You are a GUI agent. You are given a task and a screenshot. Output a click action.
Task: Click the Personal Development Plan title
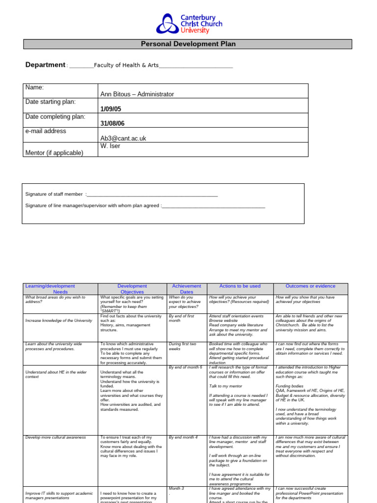click(x=188, y=44)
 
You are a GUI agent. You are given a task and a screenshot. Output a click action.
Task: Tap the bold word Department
click(x=45, y=65)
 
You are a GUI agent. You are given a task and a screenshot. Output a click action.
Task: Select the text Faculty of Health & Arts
click(x=126, y=65)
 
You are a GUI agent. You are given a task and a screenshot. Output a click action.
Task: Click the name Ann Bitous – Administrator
click(x=137, y=94)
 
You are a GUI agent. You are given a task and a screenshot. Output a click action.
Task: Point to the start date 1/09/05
click(x=110, y=109)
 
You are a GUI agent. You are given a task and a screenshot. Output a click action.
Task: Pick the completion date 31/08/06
click(x=112, y=124)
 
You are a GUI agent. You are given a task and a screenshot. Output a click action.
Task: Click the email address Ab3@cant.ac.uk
click(x=123, y=139)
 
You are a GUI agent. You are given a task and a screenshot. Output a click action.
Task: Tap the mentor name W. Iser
click(x=110, y=146)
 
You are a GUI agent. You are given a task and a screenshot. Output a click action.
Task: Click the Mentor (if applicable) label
click(x=54, y=153)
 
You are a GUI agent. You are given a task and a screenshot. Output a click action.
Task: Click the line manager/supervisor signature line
click(x=214, y=206)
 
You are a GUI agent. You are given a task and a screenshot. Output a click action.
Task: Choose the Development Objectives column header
click(x=132, y=289)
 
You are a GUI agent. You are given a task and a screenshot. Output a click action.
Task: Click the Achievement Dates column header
click(x=187, y=289)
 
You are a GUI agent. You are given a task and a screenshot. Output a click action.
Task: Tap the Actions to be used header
click(x=240, y=286)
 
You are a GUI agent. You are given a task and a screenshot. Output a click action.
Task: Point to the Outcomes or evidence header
click(x=310, y=286)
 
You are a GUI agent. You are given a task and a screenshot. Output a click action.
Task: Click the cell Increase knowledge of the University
click(x=58, y=320)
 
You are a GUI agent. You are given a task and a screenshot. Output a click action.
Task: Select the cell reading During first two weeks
click(x=182, y=346)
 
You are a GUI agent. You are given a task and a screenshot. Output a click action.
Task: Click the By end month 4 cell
click(x=183, y=437)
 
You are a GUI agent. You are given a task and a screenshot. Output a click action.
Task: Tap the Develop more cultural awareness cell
click(x=55, y=437)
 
